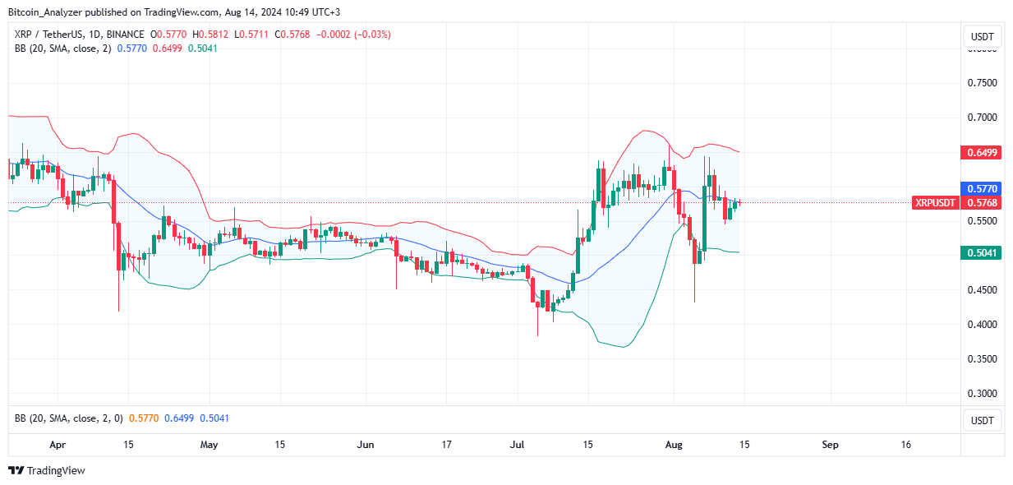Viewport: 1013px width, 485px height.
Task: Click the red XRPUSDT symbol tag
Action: click(x=934, y=203)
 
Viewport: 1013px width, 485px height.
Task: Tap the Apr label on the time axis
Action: click(x=58, y=445)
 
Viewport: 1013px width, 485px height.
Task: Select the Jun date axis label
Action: click(x=366, y=445)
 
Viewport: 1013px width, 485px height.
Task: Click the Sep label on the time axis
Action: click(x=830, y=445)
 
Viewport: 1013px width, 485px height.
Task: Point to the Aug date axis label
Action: click(x=674, y=445)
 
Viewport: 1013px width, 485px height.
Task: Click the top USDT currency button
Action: click(x=983, y=37)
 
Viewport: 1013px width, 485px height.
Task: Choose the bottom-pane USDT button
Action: click(x=983, y=421)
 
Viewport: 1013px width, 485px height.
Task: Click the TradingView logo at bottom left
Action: click(x=47, y=471)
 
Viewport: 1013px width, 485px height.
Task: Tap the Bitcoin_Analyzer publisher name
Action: click(x=51, y=12)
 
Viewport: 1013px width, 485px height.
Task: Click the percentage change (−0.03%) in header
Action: click(x=370, y=35)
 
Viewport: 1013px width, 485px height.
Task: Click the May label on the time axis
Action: click(x=210, y=445)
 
